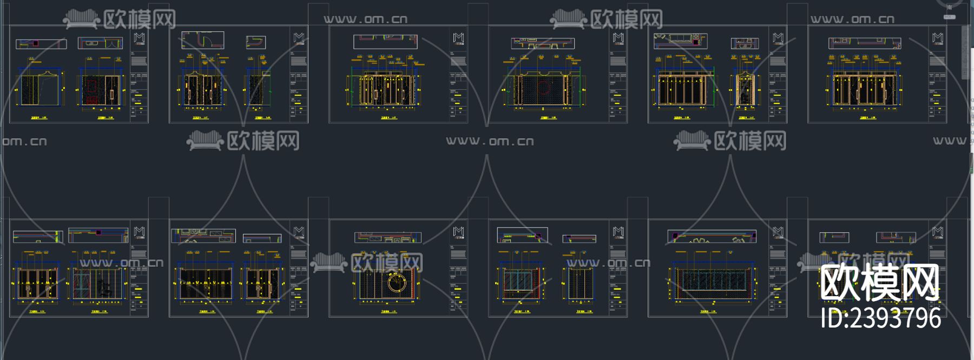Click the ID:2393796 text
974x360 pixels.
pyautogui.click(x=880, y=318)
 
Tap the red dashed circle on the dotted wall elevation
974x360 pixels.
pyautogui.click(x=543, y=87)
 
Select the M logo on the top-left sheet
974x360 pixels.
pyautogui.click(x=139, y=38)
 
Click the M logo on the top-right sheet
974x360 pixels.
pyautogui.click(x=938, y=38)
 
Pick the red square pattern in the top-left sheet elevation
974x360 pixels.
pyautogui.click(x=91, y=91)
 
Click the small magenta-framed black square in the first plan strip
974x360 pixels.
pyautogui.click(x=36, y=43)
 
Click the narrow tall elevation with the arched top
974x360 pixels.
pyautogui.click(x=745, y=89)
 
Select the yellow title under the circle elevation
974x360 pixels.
pyautogui.click(x=388, y=312)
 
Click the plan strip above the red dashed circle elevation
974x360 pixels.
pyautogui.click(x=543, y=43)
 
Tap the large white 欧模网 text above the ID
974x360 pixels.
pyautogui.click(x=879, y=283)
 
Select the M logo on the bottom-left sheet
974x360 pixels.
pyautogui.click(x=139, y=232)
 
